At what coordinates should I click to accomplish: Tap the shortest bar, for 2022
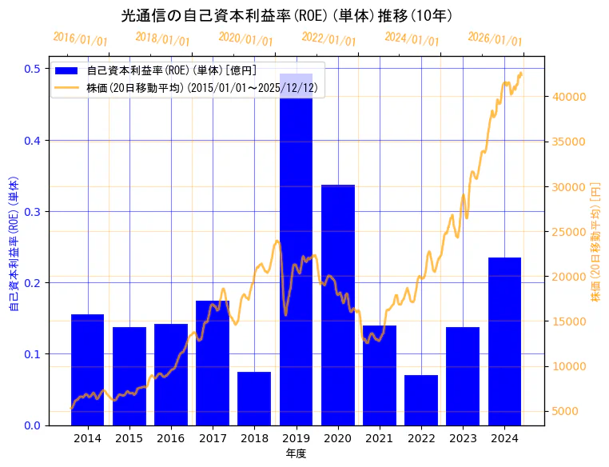[421, 400]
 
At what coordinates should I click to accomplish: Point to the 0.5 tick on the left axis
[33, 69]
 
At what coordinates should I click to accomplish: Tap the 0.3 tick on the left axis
[33, 212]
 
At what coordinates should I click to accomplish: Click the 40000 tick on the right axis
[571, 97]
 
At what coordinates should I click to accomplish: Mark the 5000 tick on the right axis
[567, 412]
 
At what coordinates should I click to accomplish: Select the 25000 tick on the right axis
[571, 232]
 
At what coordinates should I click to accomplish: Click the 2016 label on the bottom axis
[170, 439]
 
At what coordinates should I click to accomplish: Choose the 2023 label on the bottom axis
[463, 439]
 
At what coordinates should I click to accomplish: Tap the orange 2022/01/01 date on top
[328, 39]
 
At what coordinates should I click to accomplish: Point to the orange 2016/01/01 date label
[80, 39]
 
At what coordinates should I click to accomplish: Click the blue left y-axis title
[14, 244]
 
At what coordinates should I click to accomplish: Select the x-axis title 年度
[296, 453]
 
